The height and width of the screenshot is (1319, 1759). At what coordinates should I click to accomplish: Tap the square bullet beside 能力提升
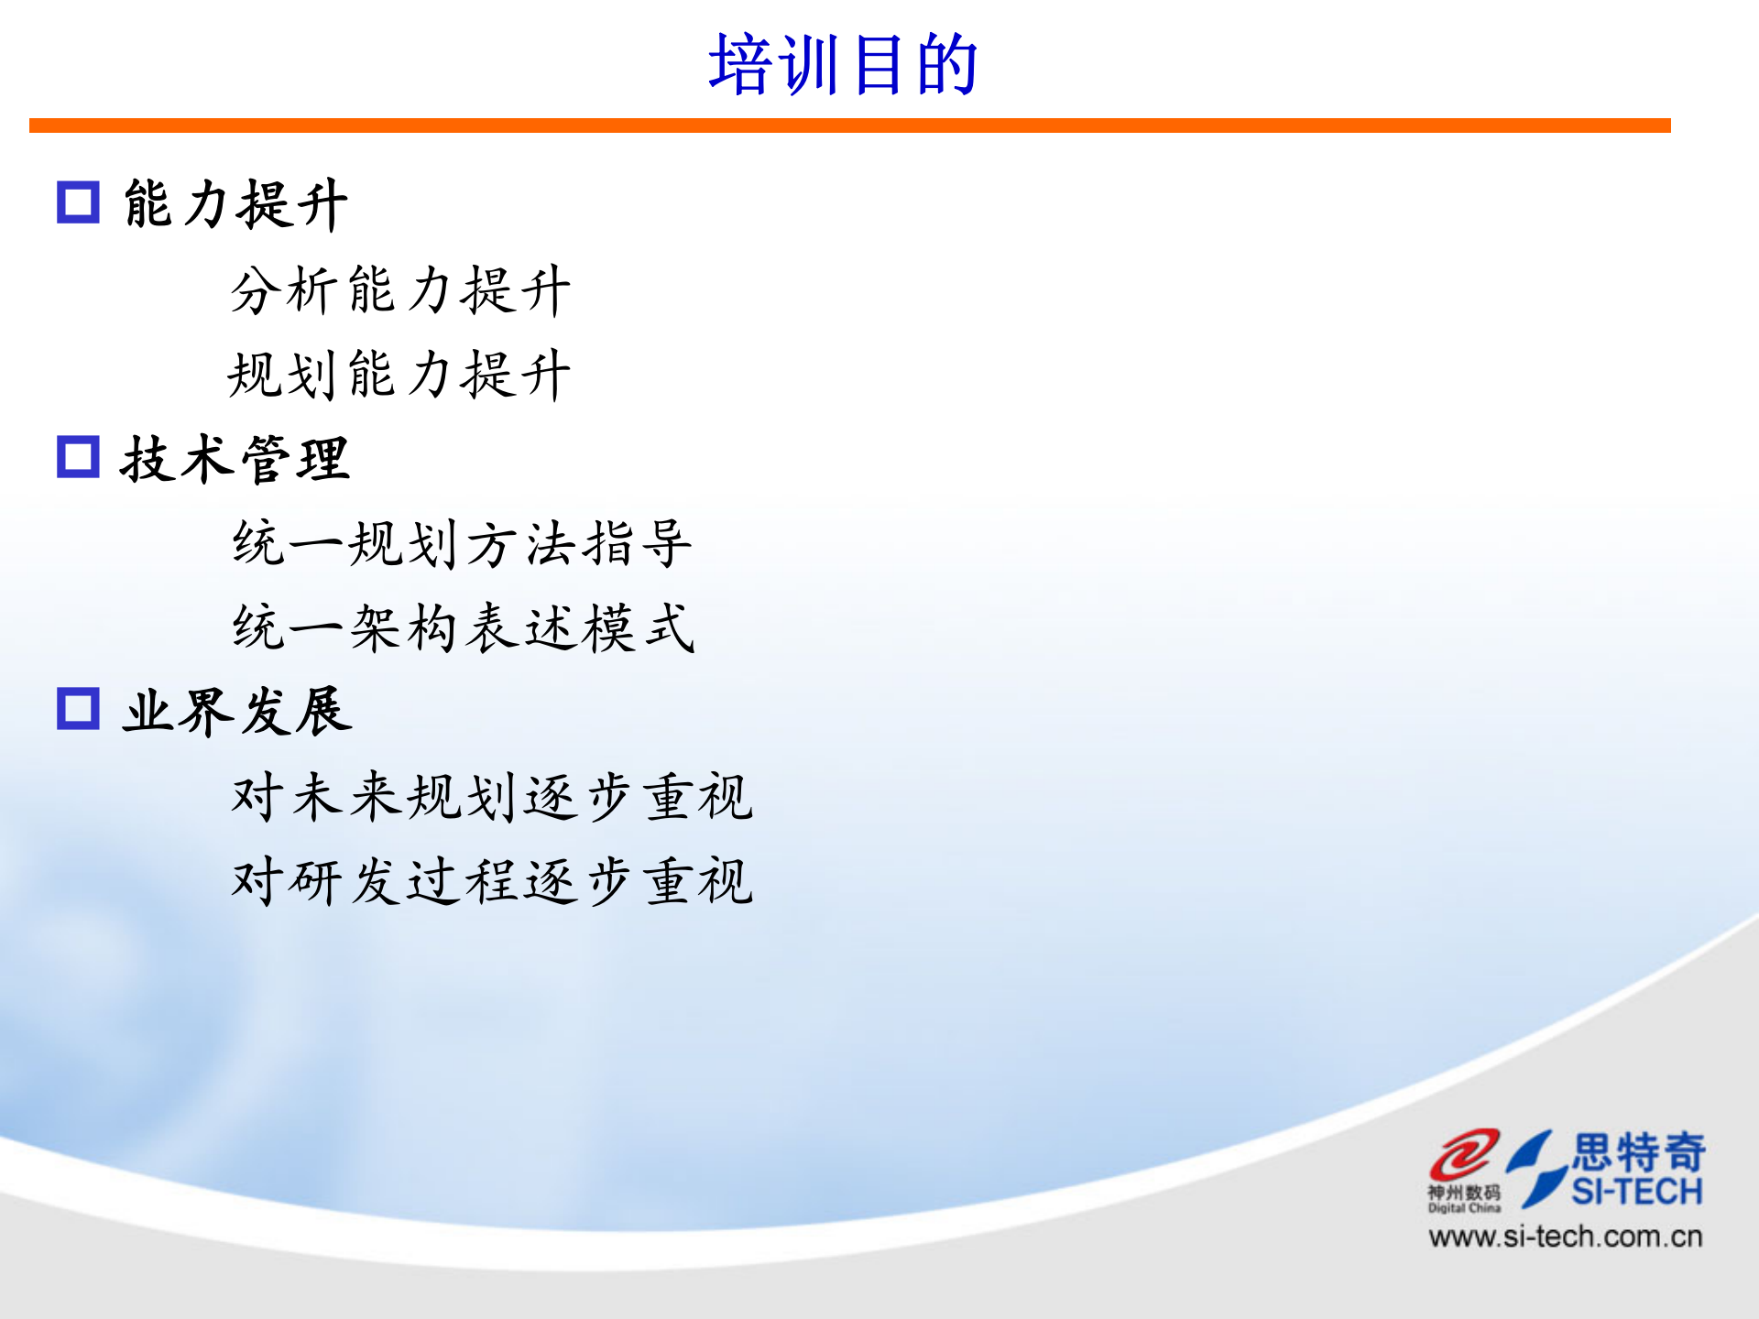coord(78,202)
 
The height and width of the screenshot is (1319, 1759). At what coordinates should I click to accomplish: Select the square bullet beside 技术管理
coord(78,456)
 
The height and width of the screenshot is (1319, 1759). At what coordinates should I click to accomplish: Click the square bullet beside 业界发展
coord(78,708)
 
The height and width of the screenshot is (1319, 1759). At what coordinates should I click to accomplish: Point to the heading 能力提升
coord(235,203)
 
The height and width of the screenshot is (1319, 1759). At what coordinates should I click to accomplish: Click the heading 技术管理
coord(235,458)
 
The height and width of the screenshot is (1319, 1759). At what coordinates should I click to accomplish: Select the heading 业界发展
coord(237,711)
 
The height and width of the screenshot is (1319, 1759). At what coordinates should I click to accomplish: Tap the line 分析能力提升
coord(400,290)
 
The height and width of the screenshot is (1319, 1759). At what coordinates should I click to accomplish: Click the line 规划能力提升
coord(400,375)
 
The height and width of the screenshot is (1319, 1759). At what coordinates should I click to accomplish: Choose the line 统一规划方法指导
coord(463,543)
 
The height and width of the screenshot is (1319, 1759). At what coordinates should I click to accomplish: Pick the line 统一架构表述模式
coord(464,628)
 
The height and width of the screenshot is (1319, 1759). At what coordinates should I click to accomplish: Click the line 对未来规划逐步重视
coord(492,796)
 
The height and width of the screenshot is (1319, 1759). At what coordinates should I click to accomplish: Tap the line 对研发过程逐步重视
coord(492,881)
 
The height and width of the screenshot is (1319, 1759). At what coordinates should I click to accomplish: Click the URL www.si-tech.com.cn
coord(1565,1237)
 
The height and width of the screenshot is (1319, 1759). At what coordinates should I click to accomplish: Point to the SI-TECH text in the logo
coord(1637,1192)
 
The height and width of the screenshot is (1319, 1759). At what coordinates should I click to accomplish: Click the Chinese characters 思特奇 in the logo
coord(1639,1151)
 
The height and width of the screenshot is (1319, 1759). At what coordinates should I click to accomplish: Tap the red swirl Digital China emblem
coord(1464,1154)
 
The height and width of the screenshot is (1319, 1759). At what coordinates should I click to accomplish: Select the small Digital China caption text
coord(1464,1208)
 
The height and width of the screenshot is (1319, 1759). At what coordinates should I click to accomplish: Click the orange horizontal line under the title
coord(849,125)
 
